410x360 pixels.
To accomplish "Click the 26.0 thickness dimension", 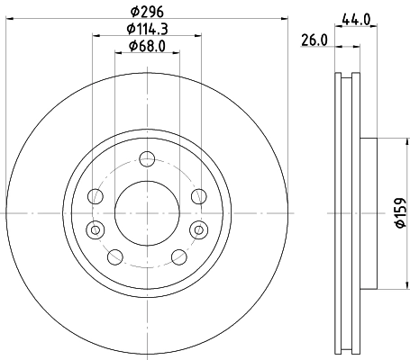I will (x=313, y=41).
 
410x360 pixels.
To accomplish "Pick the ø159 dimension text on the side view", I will (x=400, y=212).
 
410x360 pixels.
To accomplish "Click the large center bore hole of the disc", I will (x=145, y=213).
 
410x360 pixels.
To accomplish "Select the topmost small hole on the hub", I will (x=145, y=162).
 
